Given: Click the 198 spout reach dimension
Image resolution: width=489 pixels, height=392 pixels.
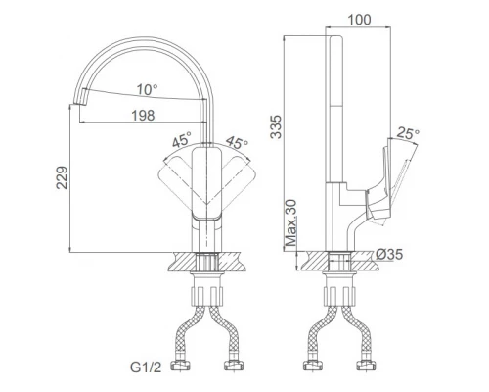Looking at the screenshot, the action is [143, 116].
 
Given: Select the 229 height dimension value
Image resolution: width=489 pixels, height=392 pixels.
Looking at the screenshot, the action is [63, 177].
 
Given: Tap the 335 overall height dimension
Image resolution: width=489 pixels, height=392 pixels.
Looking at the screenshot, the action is [276, 126].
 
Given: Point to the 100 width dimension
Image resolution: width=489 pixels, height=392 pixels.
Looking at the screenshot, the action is [359, 20].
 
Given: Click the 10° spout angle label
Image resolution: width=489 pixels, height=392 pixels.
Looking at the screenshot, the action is [147, 89].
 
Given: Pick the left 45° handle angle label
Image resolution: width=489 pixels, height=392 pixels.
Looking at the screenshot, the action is [181, 140].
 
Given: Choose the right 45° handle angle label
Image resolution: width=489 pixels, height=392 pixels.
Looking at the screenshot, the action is [237, 142].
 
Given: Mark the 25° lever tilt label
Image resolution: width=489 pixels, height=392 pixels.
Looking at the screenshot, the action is [408, 133].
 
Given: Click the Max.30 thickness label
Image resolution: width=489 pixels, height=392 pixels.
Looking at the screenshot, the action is [291, 222].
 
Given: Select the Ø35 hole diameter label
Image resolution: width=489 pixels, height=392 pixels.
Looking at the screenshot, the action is [389, 254].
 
